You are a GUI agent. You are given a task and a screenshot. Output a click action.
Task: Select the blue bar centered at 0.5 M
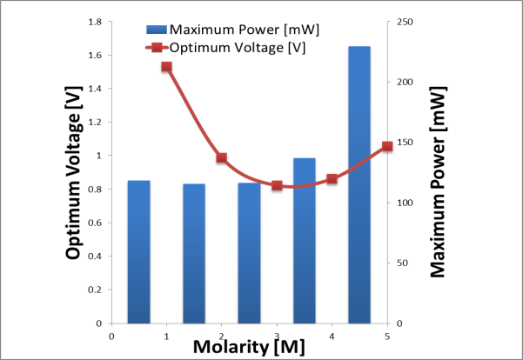139,252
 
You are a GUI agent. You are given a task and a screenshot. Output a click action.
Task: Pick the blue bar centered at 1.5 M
194,254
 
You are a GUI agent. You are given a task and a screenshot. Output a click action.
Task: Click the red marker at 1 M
166,67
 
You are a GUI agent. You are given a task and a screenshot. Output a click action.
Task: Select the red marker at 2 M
221,158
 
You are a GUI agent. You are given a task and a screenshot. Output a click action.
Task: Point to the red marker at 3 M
277,185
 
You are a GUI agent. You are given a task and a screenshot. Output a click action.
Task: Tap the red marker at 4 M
332,179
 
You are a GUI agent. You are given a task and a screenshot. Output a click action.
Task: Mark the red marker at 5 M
387,147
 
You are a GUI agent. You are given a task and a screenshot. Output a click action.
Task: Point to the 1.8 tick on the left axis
94,22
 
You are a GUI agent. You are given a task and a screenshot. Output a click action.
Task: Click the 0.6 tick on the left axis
94,223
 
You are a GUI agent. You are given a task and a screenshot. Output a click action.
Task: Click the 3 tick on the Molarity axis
277,335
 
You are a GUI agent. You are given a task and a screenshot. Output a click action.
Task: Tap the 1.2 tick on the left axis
94,123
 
